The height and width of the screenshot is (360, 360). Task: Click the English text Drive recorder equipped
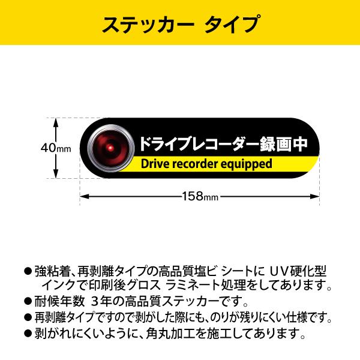coord(206,164)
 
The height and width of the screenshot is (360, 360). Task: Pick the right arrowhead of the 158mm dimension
coord(315,196)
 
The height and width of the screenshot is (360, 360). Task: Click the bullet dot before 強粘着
coord(28,270)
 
